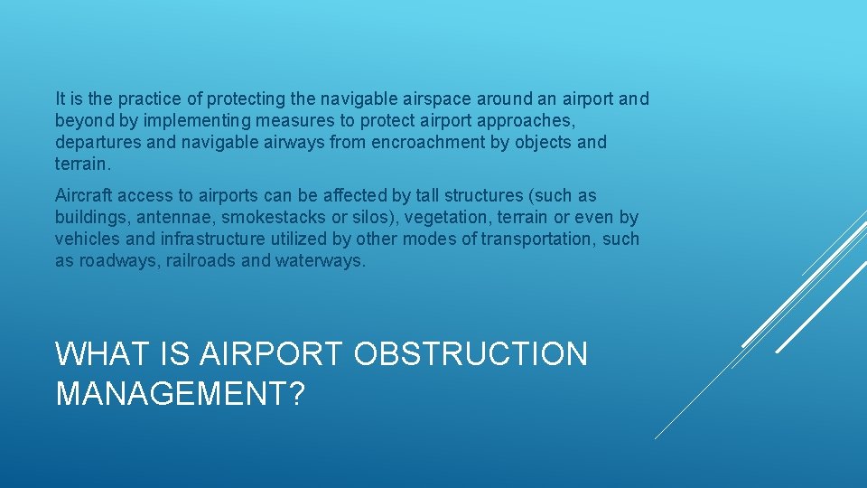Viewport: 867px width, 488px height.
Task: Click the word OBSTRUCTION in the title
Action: pos(470,354)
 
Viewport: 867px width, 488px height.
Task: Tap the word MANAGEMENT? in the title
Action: pos(181,393)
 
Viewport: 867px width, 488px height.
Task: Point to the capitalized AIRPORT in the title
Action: pos(267,354)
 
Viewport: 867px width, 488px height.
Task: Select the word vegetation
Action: pos(452,217)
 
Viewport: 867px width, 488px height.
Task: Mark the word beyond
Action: pos(81,120)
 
